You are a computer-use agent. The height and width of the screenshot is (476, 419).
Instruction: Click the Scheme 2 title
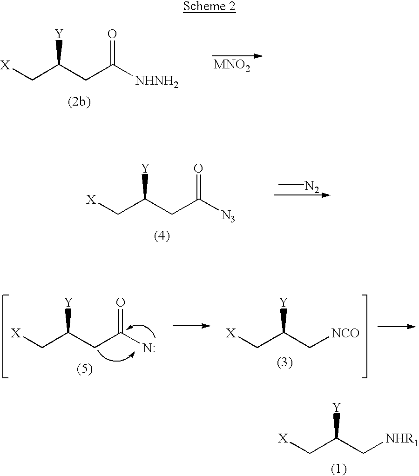pyautogui.click(x=209, y=7)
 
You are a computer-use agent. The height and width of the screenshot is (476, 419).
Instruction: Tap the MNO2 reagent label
pyautogui.click(x=232, y=65)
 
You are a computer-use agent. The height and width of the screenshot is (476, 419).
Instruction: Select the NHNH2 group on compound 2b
pyautogui.click(x=157, y=81)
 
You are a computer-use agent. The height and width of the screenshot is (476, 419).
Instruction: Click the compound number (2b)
pyautogui.click(x=79, y=102)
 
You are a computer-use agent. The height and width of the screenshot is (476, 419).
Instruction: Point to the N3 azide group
pyautogui.click(x=228, y=216)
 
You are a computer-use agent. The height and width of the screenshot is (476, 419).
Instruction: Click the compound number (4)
pyautogui.click(x=162, y=236)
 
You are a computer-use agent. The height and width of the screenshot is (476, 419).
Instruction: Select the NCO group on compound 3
pyautogui.click(x=345, y=333)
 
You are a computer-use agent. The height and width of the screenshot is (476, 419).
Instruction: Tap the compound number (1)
pyautogui.click(x=338, y=469)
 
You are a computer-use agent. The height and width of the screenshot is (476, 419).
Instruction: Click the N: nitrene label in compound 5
pyautogui.click(x=149, y=348)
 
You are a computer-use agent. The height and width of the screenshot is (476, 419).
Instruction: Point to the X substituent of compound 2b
pyautogui.click(x=5, y=65)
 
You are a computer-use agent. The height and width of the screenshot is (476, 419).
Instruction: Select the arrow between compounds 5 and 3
pyautogui.click(x=192, y=326)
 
